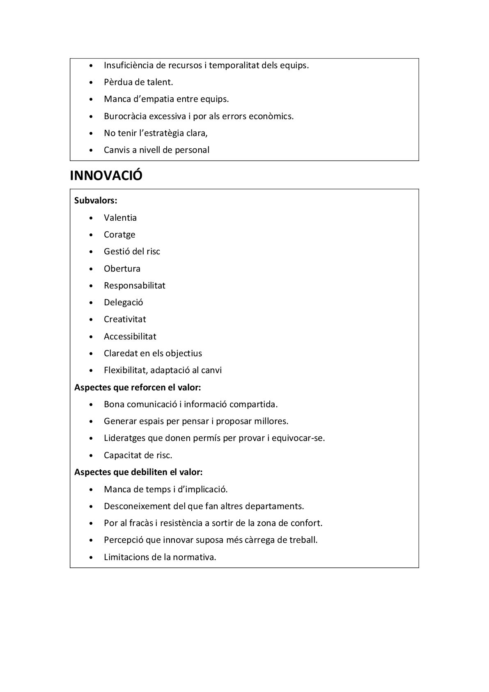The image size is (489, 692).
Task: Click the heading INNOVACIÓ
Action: pyautogui.click(x=106, y=175)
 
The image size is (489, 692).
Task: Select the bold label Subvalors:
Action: pyautogui.click(x=96, y=201)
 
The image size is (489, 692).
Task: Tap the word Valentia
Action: pyautogui.click(x=120, y=218)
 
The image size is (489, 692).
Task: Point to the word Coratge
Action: pyautogui.click(x=119, y=235)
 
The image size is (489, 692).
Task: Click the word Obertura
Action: pyautogui.click(x=122, y=269)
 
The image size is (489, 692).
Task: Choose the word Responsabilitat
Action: pyautogui.click(x=134, y=286)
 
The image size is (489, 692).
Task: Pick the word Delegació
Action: pyautogui.click(x=123, y=302)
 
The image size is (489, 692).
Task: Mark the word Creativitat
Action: pyautogui.click(x=125, y=319)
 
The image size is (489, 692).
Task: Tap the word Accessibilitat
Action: pyautogui.click(x=130, y=337)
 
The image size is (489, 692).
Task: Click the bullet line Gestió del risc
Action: pyautogui.click(x=132, y=251)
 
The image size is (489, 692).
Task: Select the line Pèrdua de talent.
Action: pyautogui.click(x=138, y=82)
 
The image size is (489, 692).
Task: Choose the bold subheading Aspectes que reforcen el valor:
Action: pyautogui.click(x=137, y=387)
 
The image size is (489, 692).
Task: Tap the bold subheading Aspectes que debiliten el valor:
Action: pyautogui.click(x=138, y=472)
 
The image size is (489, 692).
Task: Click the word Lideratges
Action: pyautogui.click(x=124, y=438)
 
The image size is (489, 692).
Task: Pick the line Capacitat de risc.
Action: pyautogui.click(x=138, y=455)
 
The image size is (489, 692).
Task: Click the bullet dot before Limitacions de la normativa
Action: pyautogui.click(x=91, y=558)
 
